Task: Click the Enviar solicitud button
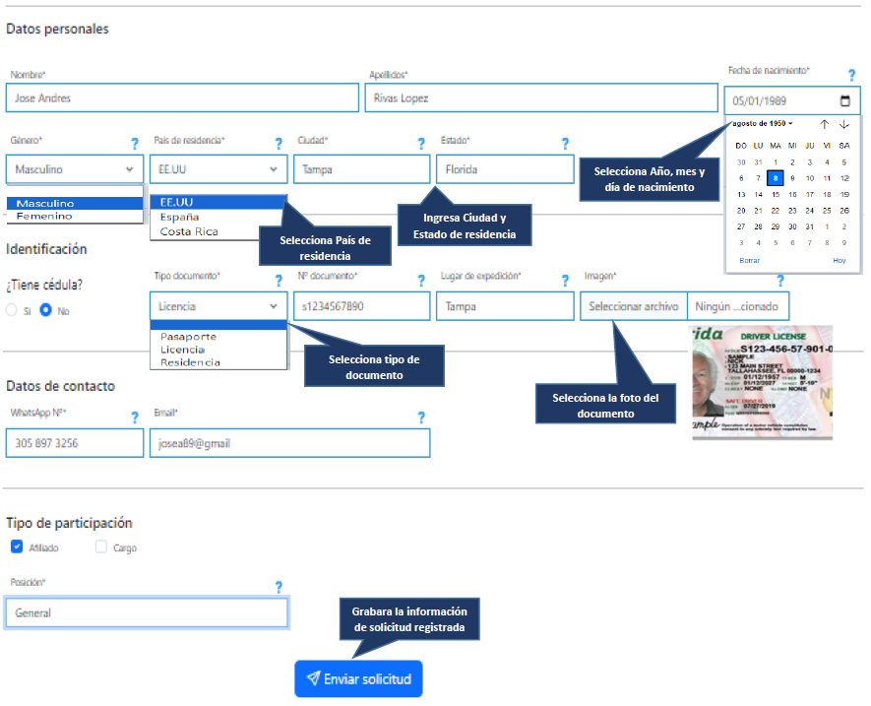click(x=358, y=678)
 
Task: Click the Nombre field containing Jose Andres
click(x=182, y=98)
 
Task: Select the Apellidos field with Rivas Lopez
click(x=540, y=98)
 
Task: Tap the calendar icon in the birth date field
click(x=844, y=100)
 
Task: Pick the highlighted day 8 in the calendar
click(x=776, y=178)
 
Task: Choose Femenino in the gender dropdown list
click(x=44, y=215)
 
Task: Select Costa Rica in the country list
click(x=189, y=231)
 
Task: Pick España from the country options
click(x=180, y=217)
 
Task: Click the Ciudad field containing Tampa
click(x=361, y=169)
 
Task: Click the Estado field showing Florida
click(x=504, y=169)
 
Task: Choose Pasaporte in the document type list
click(x=188, y=337)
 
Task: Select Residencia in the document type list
click(x=191, y=362)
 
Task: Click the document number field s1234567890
click(x=361, y=306)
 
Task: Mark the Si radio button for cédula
click(x=12, y=310)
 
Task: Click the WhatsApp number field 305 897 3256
click(x=75, y=443)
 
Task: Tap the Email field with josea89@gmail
click(x=289, y=443)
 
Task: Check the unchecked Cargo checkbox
click(x=101, y=547)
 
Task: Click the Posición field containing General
click(x=147, y=612)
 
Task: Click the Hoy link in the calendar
click(x=839, y=260)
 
